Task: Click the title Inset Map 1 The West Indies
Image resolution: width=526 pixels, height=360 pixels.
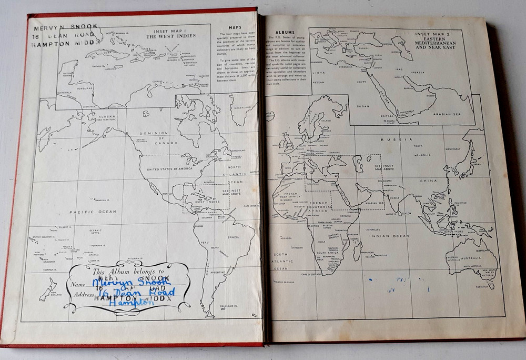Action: point(170,34)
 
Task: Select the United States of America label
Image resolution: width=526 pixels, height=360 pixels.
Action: point(169,169)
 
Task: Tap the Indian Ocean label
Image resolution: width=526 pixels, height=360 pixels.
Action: point(389,236)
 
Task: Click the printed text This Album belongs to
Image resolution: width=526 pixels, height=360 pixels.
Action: point(122,272)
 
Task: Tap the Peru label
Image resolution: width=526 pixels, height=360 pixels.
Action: point(203,242)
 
